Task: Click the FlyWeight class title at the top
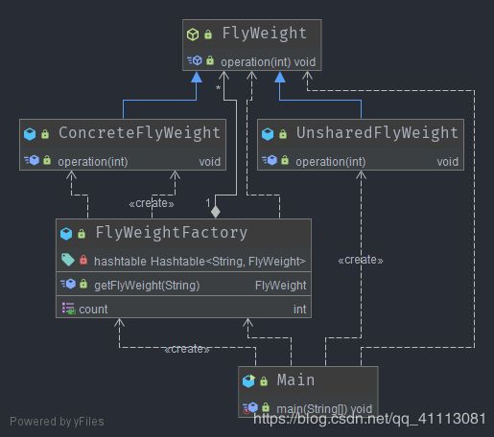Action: coord(265,34)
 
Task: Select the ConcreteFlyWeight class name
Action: coord(139,133)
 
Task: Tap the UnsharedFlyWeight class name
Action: coord(377,133)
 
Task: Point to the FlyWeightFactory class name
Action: coord(172,233)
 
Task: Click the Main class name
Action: coord(295,380)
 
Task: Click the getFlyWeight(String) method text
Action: coord(147,286)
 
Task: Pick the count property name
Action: coord(93,310)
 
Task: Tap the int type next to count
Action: coord(299,310)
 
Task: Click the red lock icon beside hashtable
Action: coord(83,260)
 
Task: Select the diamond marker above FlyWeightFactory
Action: coord(216,212)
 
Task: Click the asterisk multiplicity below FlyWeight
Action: coord(218,88)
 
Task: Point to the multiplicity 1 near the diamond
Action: coord(208,203)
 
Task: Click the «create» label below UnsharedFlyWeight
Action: coord(361,260)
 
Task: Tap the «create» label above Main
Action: coord(187,349)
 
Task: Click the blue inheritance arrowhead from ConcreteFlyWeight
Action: coord(197,77)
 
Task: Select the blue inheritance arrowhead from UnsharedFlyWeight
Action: coord(280,77)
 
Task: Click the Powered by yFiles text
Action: coord(57,422)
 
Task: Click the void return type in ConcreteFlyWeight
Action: coord(210,162)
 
